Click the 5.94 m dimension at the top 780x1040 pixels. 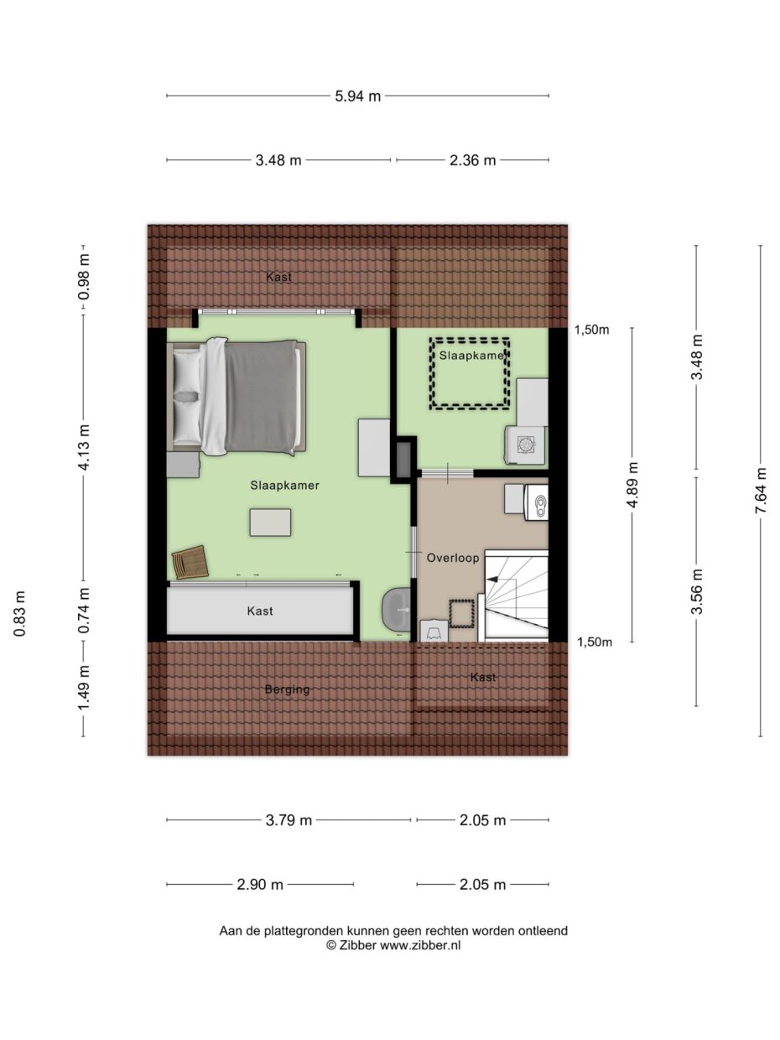(358, 96)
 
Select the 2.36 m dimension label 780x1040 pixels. (472, 160)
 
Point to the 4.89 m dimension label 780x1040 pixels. (632, 485)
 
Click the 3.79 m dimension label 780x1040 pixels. (288, 820)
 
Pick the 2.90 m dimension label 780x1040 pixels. (260, 884)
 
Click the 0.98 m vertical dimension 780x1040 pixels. (83, 277)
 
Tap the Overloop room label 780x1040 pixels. (452, 557)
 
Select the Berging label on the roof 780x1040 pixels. (287, 689)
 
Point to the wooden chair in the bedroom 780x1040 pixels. (190, 562)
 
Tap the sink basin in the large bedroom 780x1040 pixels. (397, 610)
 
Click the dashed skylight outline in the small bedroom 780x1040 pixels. (471, 373)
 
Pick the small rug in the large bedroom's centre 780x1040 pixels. (270, 522)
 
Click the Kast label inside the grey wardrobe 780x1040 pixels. (260, 611)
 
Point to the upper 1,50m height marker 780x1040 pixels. (591, 330)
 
